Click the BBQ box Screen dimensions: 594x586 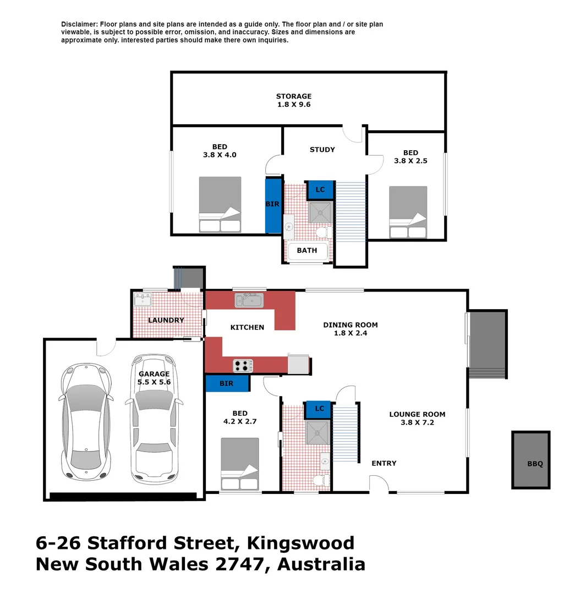(x=531, y=460)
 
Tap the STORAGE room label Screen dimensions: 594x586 (x=294, y=96)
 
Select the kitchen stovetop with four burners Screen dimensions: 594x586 (x=243, y=365)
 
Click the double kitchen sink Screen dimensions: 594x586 (x=249, y=300)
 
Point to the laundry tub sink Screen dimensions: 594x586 (x=143, y=300)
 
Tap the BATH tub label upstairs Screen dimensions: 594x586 (x=307, y=250)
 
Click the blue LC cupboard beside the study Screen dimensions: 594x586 (x=320, y=190)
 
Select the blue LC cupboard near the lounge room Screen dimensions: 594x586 (x=319, y=409)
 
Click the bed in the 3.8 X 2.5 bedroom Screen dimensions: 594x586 (x=408, y=212)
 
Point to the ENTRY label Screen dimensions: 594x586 (x=384, y=463)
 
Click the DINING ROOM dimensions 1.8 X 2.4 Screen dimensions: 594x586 (x=350, y=333)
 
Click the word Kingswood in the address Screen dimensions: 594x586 (x=301, y=543)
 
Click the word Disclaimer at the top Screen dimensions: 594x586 (x=79, y=24)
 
